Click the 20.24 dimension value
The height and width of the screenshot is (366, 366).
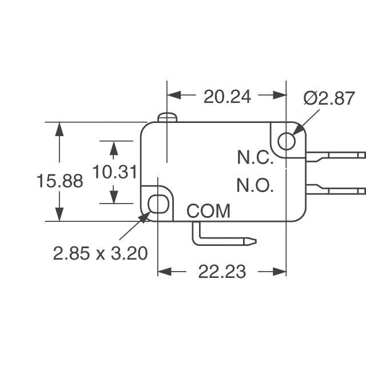tap(227, 97)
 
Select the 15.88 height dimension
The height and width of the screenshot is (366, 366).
tap(59, 181)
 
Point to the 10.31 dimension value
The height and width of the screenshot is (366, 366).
tap(114, 172)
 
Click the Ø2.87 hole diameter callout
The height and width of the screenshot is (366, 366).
tap(329, 98)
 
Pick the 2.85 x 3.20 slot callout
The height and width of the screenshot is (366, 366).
tap(100, 252)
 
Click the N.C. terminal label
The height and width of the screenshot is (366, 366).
tap(256, 158)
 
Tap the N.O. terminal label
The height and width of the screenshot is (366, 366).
tap(256, 186)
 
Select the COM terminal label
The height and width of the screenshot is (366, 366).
tap(208, 211)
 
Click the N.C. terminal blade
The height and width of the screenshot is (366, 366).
tap(336, 156)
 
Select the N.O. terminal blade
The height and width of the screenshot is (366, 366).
tap(336, 189)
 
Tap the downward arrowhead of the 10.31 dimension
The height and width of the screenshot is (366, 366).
tap(114, 197)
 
